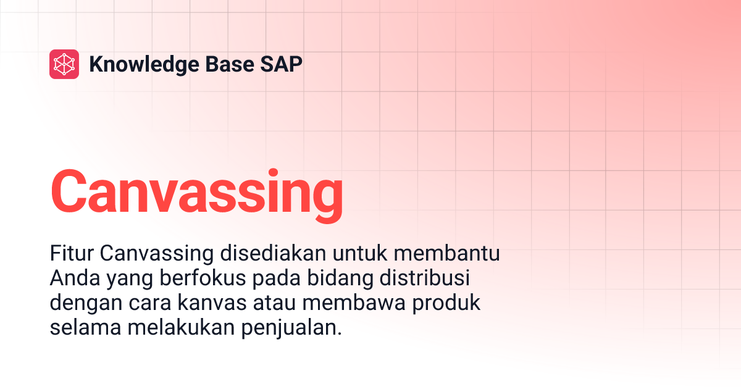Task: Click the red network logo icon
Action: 64,64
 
